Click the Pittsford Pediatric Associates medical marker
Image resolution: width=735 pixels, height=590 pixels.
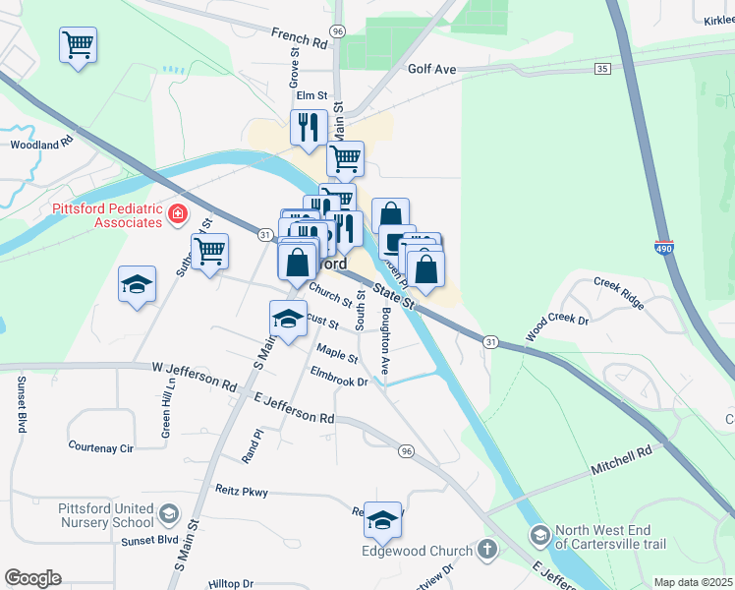178,213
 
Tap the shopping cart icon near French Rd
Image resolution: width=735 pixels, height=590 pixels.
78,44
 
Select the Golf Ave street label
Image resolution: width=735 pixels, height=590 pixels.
432,70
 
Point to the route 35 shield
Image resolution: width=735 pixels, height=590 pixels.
602,68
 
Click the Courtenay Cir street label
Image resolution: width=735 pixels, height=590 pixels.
100,446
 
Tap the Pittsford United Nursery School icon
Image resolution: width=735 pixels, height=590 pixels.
169,513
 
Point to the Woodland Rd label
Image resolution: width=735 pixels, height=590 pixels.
42,144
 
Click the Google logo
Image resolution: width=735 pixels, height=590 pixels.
32,578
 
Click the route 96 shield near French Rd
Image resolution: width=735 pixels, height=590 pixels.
338,31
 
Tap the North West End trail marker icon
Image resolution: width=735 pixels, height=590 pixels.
539,536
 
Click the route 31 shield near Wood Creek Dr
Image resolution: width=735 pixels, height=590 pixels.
489,340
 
